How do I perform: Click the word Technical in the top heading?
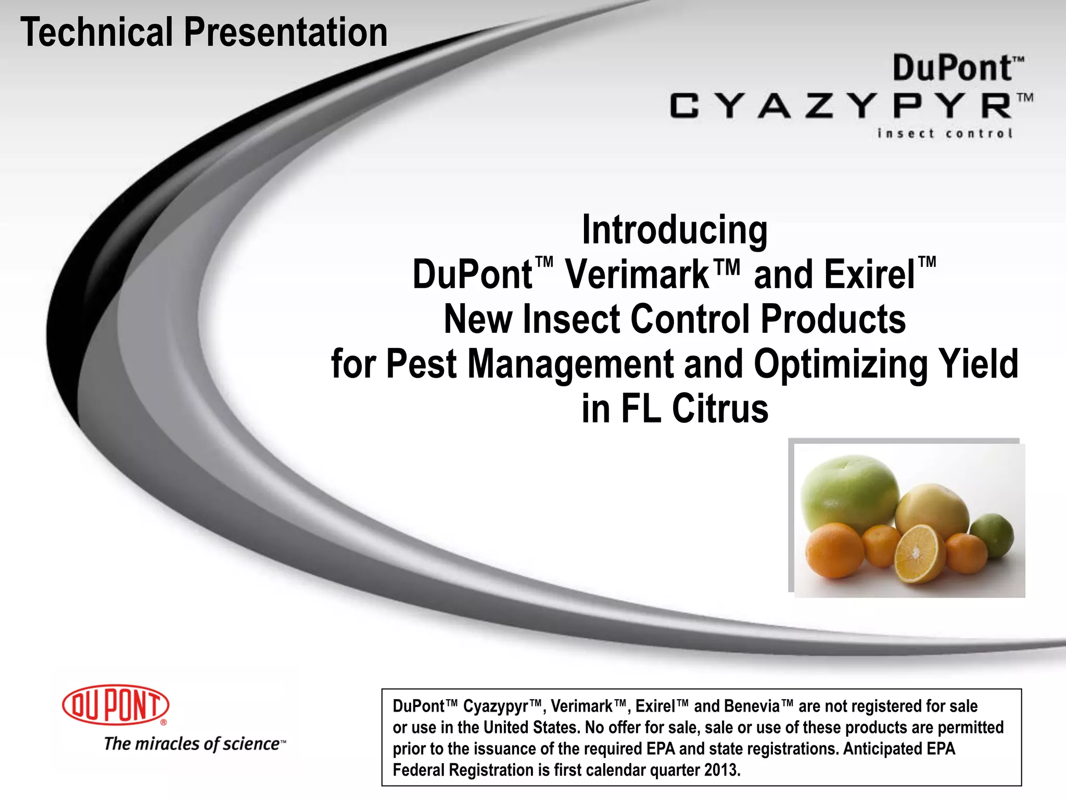(x=97, y=32)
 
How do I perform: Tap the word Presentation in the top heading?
(x=286, y=32)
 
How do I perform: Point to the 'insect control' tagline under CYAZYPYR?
(x=945, y=134)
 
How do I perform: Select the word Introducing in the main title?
(x=675, y=230)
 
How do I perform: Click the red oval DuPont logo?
(x=116, y=705)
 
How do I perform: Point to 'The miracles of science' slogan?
(x=193, y=744)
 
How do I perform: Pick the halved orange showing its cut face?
(x=920, y=552)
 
